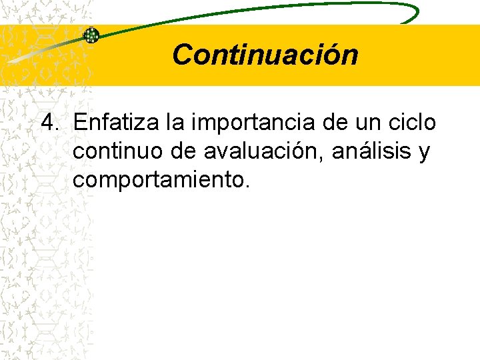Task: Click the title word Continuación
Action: pyautogui.click(x=265, y=55)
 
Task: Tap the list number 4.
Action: pyautogui.click(x=50, y=123)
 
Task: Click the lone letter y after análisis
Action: pyautogui.click(x=424, y=153)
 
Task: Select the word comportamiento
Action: pyautogui.click(x=158, y=181)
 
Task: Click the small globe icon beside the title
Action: pyautogui.click(x=91, y=35)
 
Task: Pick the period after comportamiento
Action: pyautogui.click(x=247, y=187)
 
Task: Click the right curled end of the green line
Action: pyautogui.click(x=415, y=13)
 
